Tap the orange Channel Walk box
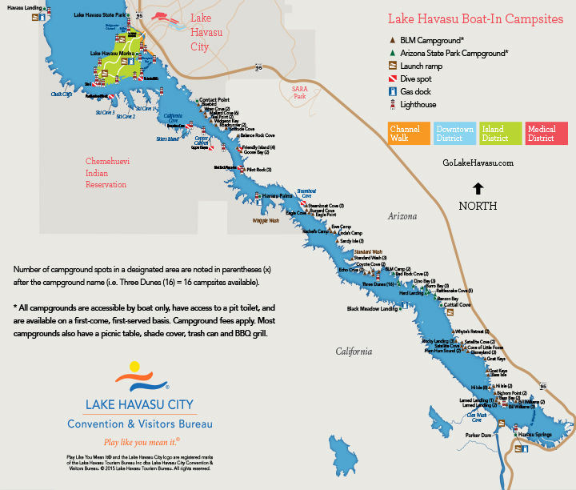408,134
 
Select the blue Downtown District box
454,134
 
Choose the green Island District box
500,134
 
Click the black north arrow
478,189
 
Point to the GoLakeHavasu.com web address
477,163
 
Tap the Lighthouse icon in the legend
392,104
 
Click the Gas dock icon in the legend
392,91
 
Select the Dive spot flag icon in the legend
392,78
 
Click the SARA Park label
300,93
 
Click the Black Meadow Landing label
373,308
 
